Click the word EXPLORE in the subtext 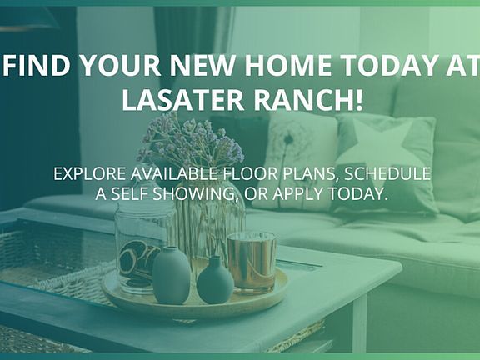coord(89,174)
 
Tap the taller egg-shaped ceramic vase coord(171,275)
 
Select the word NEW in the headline coord(202,65)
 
